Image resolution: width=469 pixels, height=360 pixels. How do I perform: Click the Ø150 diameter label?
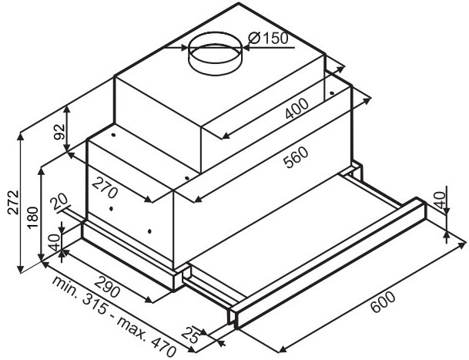click(x=268, y=38)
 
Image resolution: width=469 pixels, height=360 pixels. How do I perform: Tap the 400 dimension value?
click(x=296, y=109)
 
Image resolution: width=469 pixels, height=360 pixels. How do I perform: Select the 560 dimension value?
click(x=296, y=157)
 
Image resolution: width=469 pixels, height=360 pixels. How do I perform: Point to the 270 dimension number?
click(x=104, y=187)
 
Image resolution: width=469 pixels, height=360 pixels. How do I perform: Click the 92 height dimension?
click(x=59, y=132)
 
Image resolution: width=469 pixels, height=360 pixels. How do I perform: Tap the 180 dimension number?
click(x=33, y=217)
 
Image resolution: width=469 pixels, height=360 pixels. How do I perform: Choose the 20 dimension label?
click(x=59, y=204)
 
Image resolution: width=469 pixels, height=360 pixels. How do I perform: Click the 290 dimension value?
click(x=107, y=287)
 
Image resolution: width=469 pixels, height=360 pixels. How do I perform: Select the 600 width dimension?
click(x=383, y=302)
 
